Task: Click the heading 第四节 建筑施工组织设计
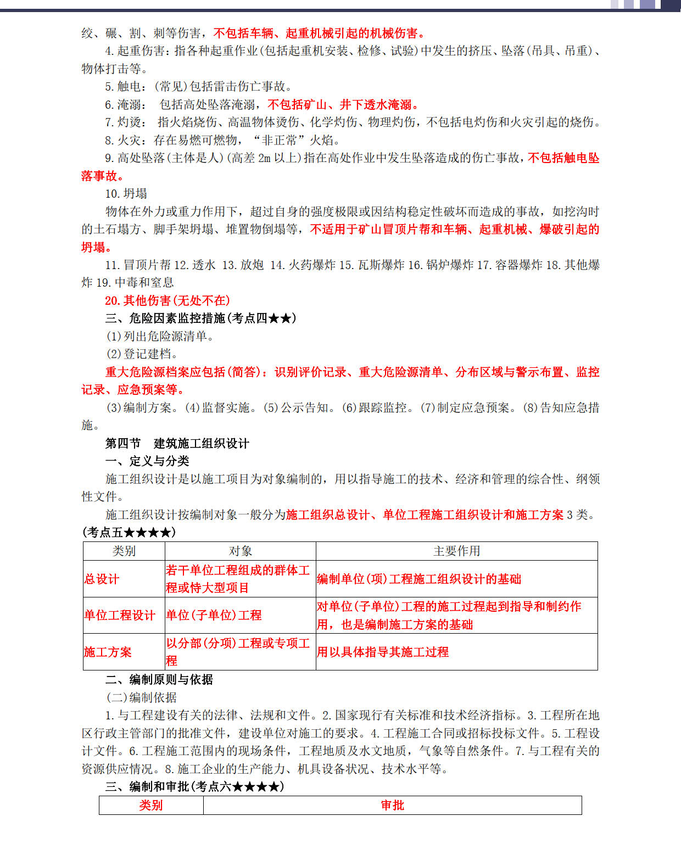click(177, 443)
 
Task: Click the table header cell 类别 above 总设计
click(124, 551)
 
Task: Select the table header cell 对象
click(240, 551)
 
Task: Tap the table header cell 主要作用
click(456, 551)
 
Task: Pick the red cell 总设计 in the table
click(102, 579)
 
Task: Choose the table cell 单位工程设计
click(120, 615)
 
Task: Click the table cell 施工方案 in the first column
click(108, 652)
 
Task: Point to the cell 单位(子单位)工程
click(214, 615)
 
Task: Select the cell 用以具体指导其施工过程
click(383, 652)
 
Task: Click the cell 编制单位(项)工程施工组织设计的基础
click(419, 579)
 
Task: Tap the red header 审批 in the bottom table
click(392, 805)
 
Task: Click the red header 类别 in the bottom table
click(150, 805)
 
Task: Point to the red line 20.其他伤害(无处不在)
click(168, 300)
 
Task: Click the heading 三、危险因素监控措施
click(200, 318)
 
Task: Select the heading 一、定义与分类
click(147, 461)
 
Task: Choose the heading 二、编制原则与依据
click(159, 679)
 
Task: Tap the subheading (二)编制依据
click(141, 697)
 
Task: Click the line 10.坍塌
click(126, 193)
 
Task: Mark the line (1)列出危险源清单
click(160, 336)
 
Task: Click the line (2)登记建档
click(142, 354)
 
